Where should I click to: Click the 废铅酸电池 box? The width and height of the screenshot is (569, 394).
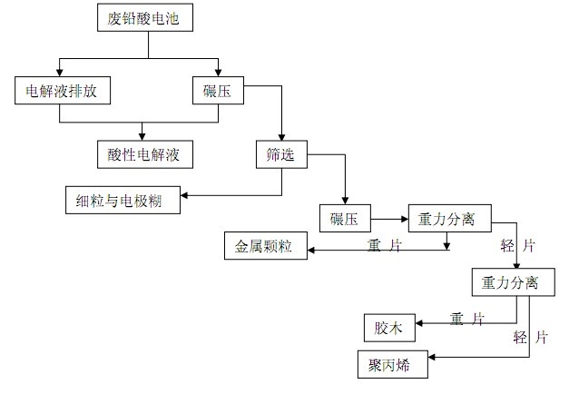point(145,17)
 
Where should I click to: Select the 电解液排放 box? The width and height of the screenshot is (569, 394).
point(63,91)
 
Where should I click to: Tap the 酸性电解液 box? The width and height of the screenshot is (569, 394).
point(145,154)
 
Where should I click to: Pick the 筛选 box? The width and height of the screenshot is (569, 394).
point(281,154)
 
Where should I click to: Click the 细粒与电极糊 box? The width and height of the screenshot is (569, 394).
point(123,200)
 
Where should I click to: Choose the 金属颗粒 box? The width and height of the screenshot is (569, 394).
point(266,246)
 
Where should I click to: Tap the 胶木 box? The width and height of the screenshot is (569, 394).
point(389,328)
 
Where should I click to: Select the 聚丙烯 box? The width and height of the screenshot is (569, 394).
point(393,364)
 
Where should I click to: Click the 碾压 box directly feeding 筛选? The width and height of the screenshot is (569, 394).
point(218,91)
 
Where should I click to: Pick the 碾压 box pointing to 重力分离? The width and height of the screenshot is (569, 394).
point(345,218)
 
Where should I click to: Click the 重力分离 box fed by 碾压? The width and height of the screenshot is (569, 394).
point(450,218)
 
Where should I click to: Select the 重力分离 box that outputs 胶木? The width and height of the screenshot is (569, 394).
point(513,282)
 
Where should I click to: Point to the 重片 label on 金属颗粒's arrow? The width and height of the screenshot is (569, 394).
point(385,246)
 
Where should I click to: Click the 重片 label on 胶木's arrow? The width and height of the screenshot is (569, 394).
point(467,320)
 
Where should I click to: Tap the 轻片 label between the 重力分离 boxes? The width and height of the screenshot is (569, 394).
point(518,246)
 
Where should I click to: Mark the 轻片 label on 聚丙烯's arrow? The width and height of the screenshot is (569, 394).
point(531,338)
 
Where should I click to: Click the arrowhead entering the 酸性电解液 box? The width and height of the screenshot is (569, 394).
point(142,136)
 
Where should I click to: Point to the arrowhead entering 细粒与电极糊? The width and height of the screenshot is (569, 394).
point(184,195)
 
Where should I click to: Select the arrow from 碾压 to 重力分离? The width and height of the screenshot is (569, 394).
point(389,219)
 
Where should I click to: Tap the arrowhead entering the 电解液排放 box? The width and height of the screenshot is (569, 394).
point(60,73)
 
